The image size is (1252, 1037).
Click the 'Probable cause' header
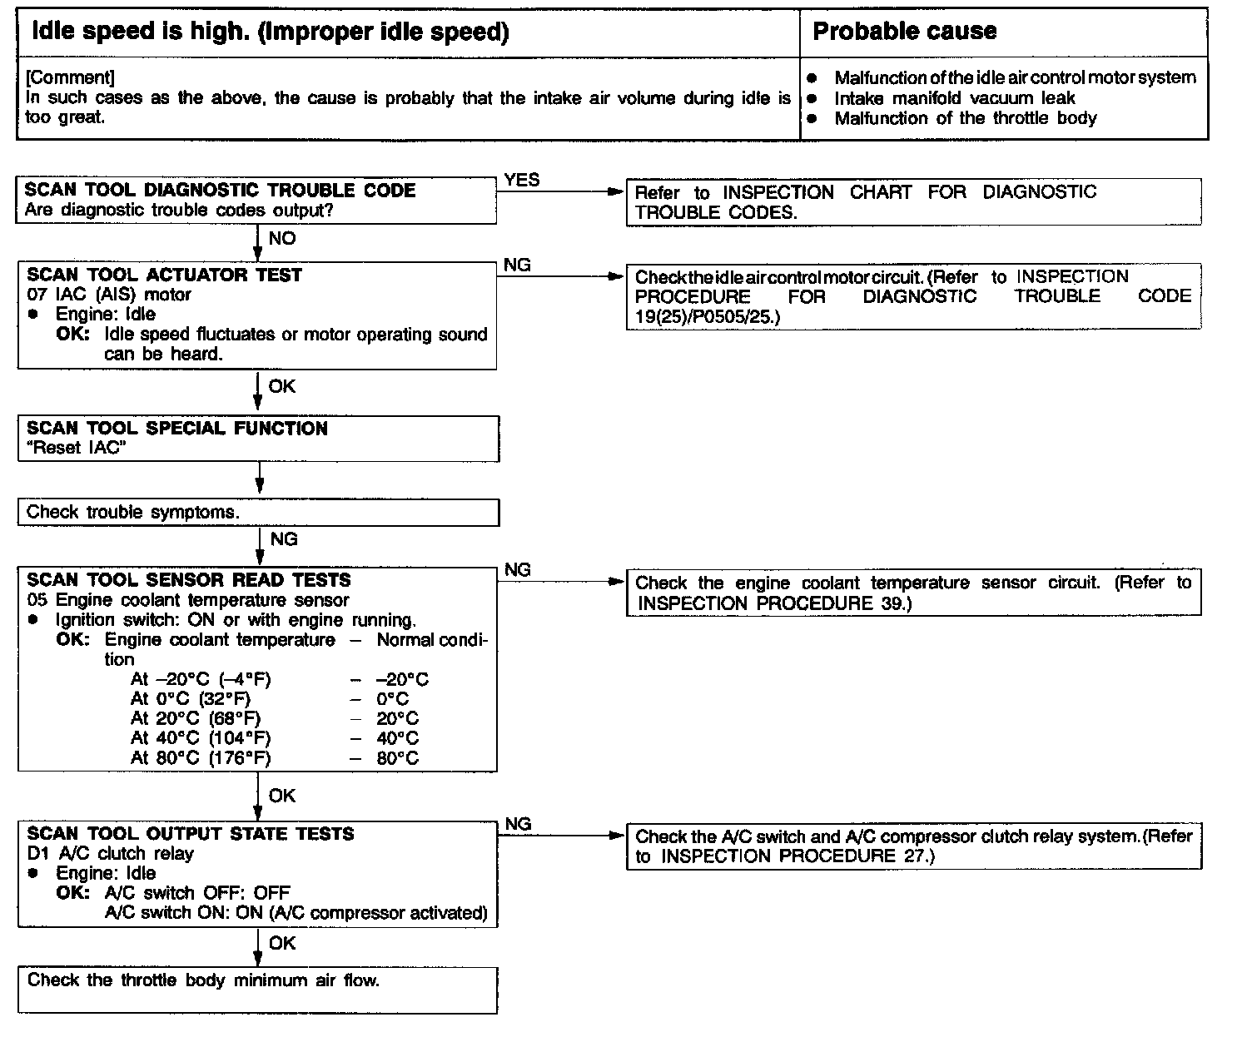[904, 32]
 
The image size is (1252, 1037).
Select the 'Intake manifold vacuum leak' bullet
[954, 98]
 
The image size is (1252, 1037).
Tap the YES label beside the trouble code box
[521, 180]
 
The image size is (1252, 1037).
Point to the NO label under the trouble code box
[282, 239]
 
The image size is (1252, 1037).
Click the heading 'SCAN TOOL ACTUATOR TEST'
[164, 275]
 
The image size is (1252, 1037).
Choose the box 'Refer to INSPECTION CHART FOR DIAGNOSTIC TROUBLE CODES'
[913, 202]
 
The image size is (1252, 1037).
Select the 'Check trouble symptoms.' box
[258, 513]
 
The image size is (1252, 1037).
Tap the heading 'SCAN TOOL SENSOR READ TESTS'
[188, 580]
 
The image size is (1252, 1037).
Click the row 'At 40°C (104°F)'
[200, 738]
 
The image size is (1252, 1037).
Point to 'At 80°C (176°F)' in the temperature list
[200, 758]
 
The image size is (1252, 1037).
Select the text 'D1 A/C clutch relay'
[110, 853]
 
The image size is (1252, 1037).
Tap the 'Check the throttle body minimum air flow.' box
[258, 990]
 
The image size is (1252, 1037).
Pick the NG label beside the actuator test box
[517, 265]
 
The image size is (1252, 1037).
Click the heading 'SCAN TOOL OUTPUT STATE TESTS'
[190, 834]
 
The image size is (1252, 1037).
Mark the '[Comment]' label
[70, 77]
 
